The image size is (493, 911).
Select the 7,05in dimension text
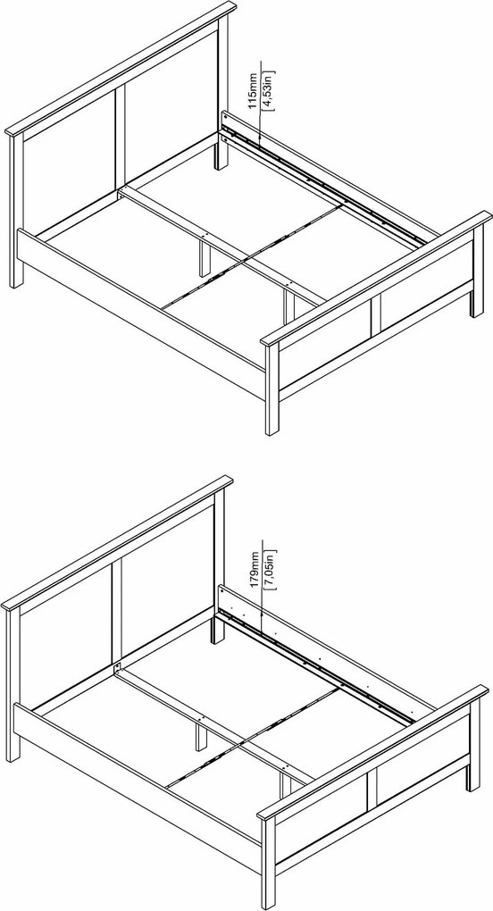[x=270, y=570]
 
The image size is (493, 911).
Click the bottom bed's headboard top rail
[x=117, y=544]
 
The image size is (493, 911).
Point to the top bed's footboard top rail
[x=376, y=279]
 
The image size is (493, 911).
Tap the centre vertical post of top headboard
[x=121, y=136]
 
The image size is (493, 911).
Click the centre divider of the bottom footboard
[x=372, y=787]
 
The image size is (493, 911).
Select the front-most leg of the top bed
[x=272, y=389]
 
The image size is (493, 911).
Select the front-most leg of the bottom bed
[x=268, y=864]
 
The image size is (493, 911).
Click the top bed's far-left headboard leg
[x=16, y=212]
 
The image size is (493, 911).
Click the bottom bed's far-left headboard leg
[x=13, y=686]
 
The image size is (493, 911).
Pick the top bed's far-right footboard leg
[x=478, y=271]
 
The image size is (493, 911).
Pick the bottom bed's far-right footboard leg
[x=474, y=745]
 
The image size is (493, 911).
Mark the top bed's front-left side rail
[x=141, y=313]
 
